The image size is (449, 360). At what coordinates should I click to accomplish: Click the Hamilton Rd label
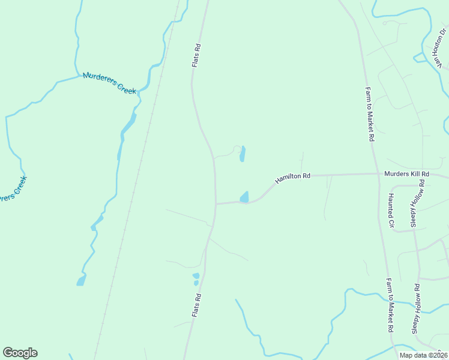point(293,178)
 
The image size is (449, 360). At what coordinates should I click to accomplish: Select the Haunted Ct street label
point(390,211)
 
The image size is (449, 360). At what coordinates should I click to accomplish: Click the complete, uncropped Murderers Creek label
point(110,83)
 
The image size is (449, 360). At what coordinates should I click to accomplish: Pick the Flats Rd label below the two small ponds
point(196,305)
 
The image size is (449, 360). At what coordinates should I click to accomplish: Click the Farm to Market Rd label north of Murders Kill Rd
point(370,114)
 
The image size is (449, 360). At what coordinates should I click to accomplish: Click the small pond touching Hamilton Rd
point(244,197)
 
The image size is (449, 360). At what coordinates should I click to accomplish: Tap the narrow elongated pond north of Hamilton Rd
point(243,154)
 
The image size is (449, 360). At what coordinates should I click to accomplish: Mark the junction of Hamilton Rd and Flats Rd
point(216,204)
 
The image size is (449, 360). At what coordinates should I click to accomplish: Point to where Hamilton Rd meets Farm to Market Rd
point(376,174)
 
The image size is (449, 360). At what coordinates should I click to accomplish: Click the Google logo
point(20,353)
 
